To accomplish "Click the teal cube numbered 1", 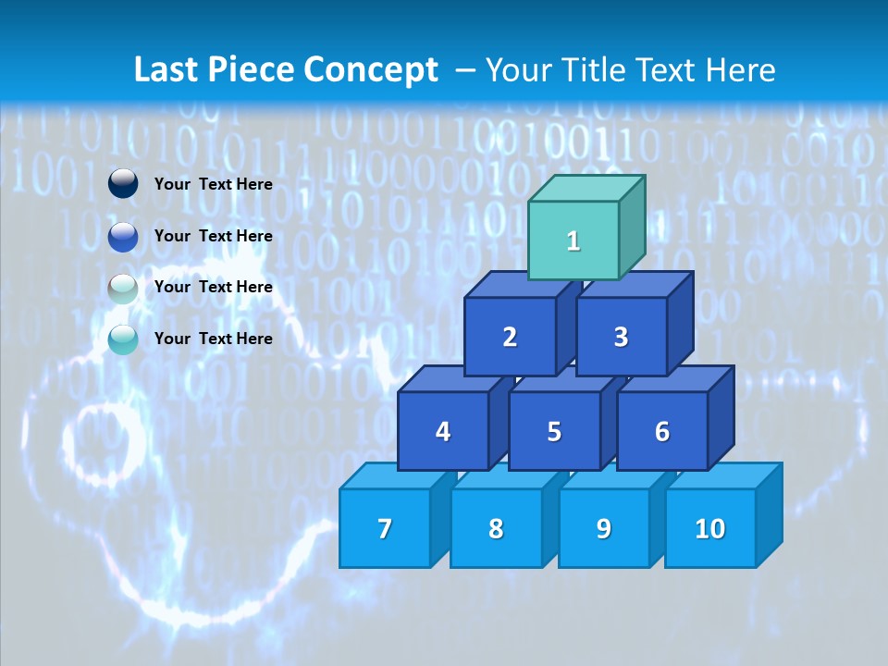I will coord(573,240).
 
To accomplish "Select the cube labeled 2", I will coord(510,337).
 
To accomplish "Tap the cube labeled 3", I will coord(621,337).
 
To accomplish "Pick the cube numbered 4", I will coord(443,431).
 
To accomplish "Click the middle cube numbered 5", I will coord(554,431).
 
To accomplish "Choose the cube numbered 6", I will coord(662,431).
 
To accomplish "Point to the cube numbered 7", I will coord(385,528).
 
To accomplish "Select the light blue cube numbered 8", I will coord(496,528).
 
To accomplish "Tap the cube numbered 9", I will coord(604,528).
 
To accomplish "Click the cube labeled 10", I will coord(709,528).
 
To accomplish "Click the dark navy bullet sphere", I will coord(123,184).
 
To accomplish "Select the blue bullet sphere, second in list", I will coord(123,237).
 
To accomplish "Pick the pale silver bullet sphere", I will coord(123,288).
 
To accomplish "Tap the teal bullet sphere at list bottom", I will coord(123,339).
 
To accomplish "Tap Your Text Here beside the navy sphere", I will coord(214,184).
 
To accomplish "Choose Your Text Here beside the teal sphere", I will coord(214,339).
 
